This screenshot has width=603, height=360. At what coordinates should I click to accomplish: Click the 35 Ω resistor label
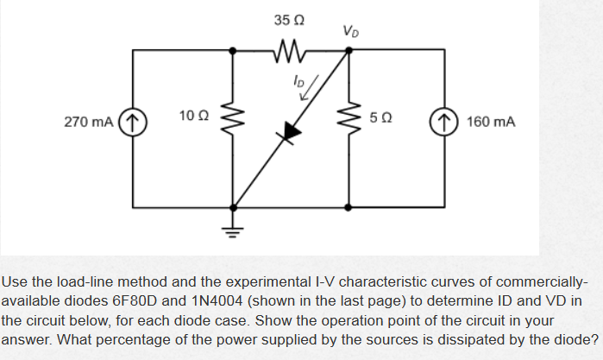pyautogui.click(x=289, y=18)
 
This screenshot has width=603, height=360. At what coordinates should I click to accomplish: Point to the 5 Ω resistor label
pyautogui.click(x=381, y=116)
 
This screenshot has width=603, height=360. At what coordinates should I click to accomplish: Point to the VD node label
pyautogui.click(x=350, y=33)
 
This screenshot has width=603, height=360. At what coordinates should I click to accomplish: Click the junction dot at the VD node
pyautogui.click(x=349, y=50)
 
